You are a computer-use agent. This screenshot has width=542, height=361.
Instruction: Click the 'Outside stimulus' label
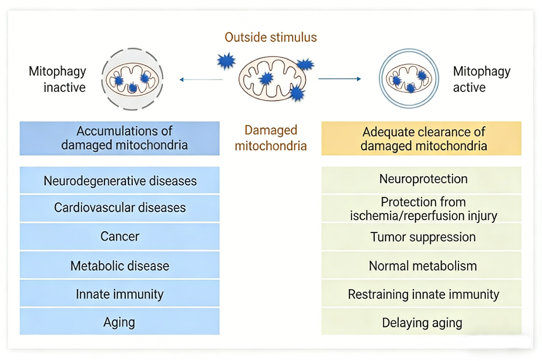(x=270, y=38)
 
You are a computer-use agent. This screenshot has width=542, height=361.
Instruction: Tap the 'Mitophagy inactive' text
(x=58, y=79)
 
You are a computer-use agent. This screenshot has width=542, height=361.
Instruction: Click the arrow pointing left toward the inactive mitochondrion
(x=201, y=80)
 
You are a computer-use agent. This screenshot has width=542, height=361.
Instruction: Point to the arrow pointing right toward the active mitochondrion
(x=339, y=79)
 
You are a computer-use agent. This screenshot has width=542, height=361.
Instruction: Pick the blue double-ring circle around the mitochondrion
(x=381, y=79)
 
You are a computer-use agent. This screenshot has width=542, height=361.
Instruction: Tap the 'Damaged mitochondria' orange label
(x=270, y=138)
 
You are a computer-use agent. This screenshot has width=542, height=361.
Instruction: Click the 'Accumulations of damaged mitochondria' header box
(x=119, y=138)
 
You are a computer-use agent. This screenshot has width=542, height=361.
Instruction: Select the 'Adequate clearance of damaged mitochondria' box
(x=421, y=138)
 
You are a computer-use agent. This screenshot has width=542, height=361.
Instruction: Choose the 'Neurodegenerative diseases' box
(x=119, y=180)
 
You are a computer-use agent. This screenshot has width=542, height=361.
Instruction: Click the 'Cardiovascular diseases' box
(x=119, y=208)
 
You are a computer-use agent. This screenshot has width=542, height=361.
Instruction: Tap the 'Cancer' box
(x=119, y=236)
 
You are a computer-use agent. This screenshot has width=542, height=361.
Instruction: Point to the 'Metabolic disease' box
(x=119, y=265)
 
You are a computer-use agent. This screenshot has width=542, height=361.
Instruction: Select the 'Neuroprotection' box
(x=421, y=179)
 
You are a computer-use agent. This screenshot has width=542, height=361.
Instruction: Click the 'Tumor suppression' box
(x=421, y=237)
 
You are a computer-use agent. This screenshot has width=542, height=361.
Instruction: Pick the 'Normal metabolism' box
(x=421, y=265)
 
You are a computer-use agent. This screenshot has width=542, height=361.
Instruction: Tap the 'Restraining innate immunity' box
(x=421, y=294)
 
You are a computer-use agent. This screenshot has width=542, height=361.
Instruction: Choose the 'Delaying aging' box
(x=421, y=322)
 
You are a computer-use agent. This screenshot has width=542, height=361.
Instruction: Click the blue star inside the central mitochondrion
(x=266, y=78)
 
